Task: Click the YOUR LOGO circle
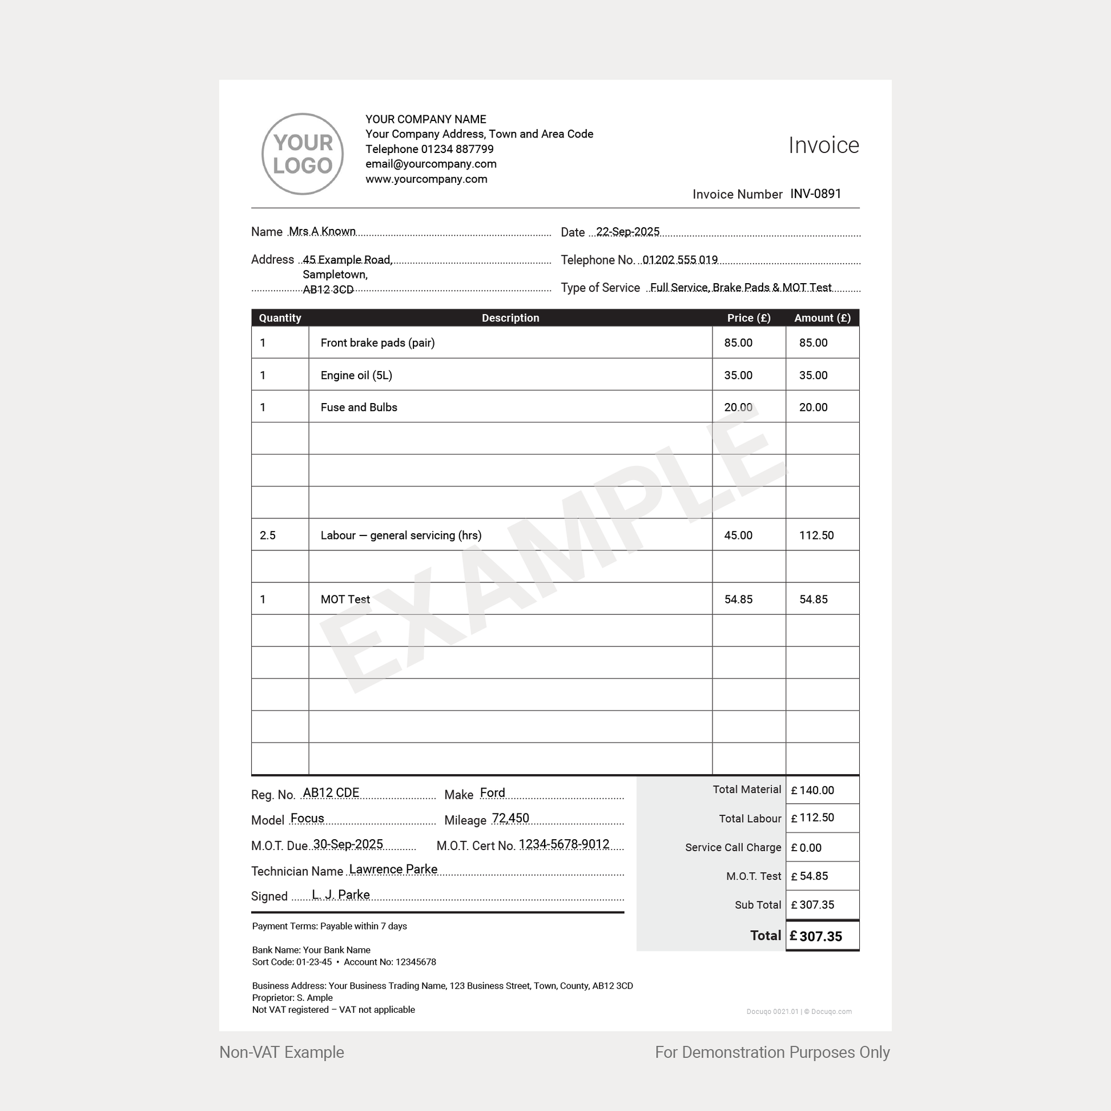(x=303, y=154)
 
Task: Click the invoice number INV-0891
(x=815, y=194)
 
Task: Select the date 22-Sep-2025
(x=627, y=232)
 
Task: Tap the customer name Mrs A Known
(x=322, y=231)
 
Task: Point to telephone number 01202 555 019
(x=680, y=260)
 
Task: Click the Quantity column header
(x=280, y=318)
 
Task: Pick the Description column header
(x=510, y=318)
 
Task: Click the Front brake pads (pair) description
(x=377, y=343)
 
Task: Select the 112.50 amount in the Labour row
(x=816, y=536)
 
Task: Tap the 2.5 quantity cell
(x=267, y=536)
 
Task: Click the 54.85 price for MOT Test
(x=738, y=599)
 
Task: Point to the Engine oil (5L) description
(x=356, y=376)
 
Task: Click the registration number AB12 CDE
(x=331, y=793)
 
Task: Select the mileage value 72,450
(x=510, y=818)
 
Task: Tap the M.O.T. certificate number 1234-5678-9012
(x=563, y=844)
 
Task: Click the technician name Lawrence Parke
(x=393, y=870)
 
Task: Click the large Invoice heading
(x=823, y=146)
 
